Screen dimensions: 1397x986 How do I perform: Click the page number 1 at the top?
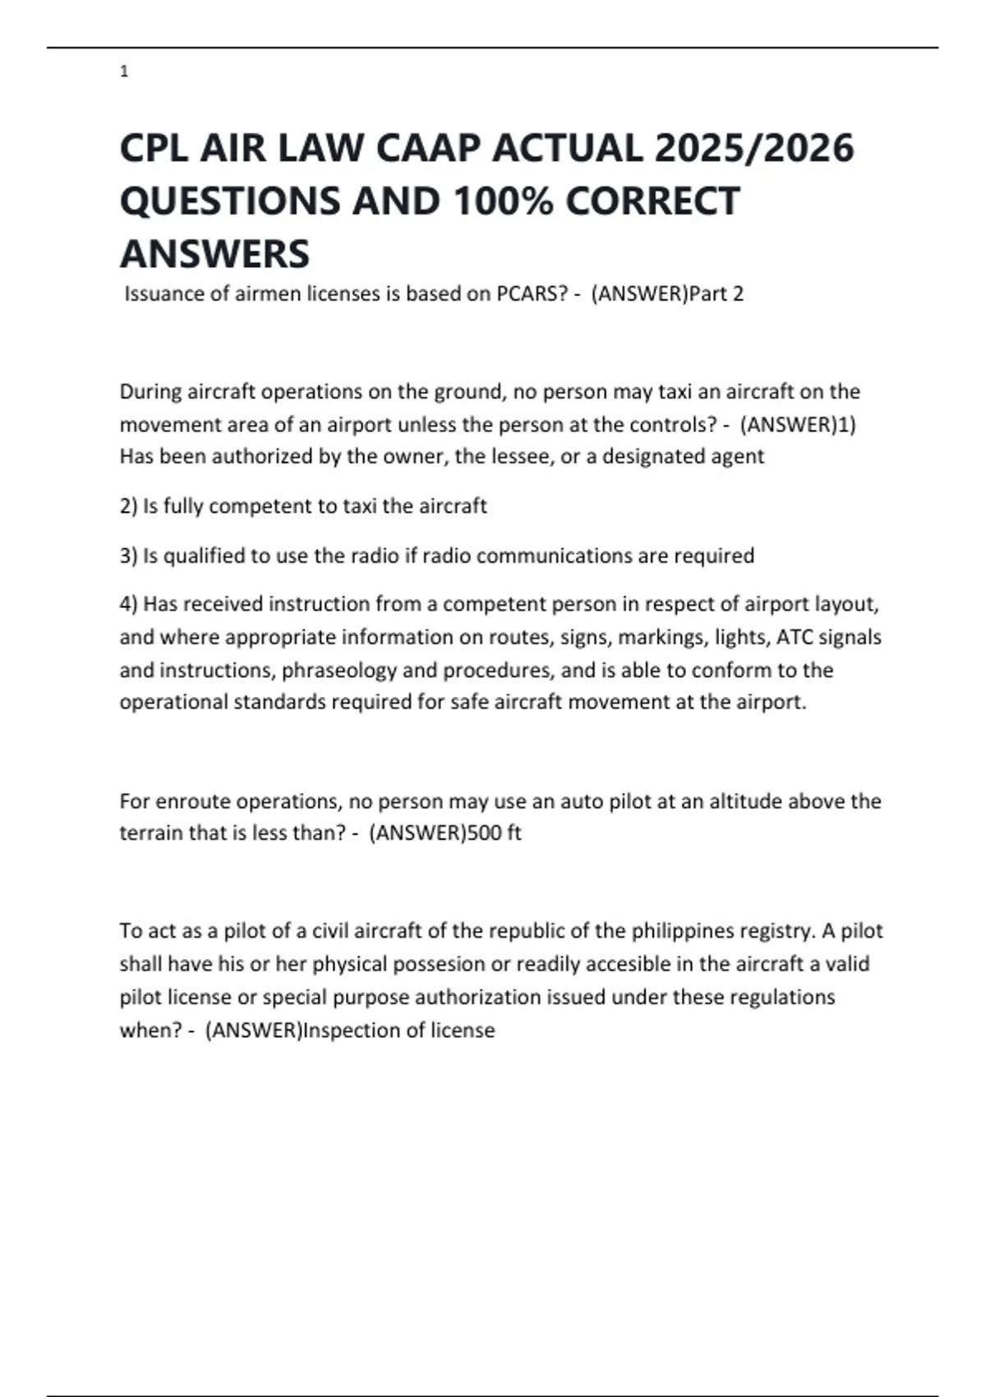pyautogui.click(x=124, y=72)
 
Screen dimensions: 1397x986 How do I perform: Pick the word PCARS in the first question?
pyautogui.click(x=527, y=294)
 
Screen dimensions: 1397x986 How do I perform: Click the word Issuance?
pyautogui.click(x=164, y=294)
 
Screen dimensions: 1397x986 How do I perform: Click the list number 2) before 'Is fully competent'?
pyautogui.click(x=128, y=506)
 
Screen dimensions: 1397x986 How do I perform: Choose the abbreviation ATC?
pyautogui.click(x=794, y=638)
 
